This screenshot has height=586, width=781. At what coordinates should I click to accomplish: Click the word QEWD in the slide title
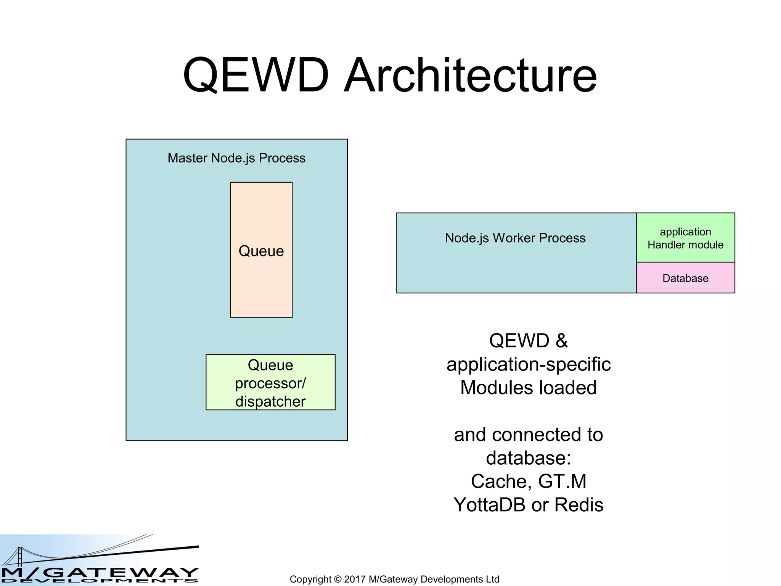(256, 75)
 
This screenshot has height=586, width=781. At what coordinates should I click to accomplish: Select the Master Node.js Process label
(236, 158)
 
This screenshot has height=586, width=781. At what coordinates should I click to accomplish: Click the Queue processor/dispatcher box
(270, 382)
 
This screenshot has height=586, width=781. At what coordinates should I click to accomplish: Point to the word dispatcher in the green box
(270, 402)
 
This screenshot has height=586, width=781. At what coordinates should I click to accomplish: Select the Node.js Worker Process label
(515, 238)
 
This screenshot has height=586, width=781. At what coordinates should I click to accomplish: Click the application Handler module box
(685, 238)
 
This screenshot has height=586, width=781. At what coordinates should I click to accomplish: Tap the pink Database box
(685, 278)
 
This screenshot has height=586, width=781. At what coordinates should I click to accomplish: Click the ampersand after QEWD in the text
(561, 340)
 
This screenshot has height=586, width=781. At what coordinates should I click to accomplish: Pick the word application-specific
(528, 364)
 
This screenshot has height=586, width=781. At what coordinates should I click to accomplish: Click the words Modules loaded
(528, 388)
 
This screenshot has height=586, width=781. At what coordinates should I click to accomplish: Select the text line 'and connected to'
(528, 435)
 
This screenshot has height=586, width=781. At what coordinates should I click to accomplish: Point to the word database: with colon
(528, 458)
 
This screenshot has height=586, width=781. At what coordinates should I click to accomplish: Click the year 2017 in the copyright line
(355, 579)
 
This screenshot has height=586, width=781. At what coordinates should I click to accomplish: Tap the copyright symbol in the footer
(337, 579)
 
